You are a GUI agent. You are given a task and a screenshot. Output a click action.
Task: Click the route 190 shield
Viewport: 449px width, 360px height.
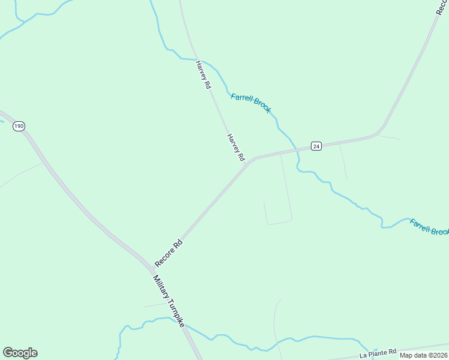(x=19, y=126)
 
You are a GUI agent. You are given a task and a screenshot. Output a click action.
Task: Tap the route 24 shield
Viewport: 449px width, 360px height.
(x=316, y=146)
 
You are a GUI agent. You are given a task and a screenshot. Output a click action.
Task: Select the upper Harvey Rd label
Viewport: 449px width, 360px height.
(x=203, y=75)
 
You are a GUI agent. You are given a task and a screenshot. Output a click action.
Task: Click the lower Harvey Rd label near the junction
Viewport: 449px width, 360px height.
(x=236, y=147)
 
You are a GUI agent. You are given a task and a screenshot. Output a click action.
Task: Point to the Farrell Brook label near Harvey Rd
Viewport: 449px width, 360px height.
(x=251, y=102)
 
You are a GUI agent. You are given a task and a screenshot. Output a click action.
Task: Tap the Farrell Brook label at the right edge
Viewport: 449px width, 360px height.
(x=429, y=227)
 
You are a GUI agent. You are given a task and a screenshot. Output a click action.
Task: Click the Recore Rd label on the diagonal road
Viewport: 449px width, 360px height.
(x=169, y=253)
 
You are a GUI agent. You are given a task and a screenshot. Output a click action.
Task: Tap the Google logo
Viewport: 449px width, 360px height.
(x=20, y=353)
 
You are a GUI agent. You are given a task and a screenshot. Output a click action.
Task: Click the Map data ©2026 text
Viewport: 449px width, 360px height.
(x=423, y=355)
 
